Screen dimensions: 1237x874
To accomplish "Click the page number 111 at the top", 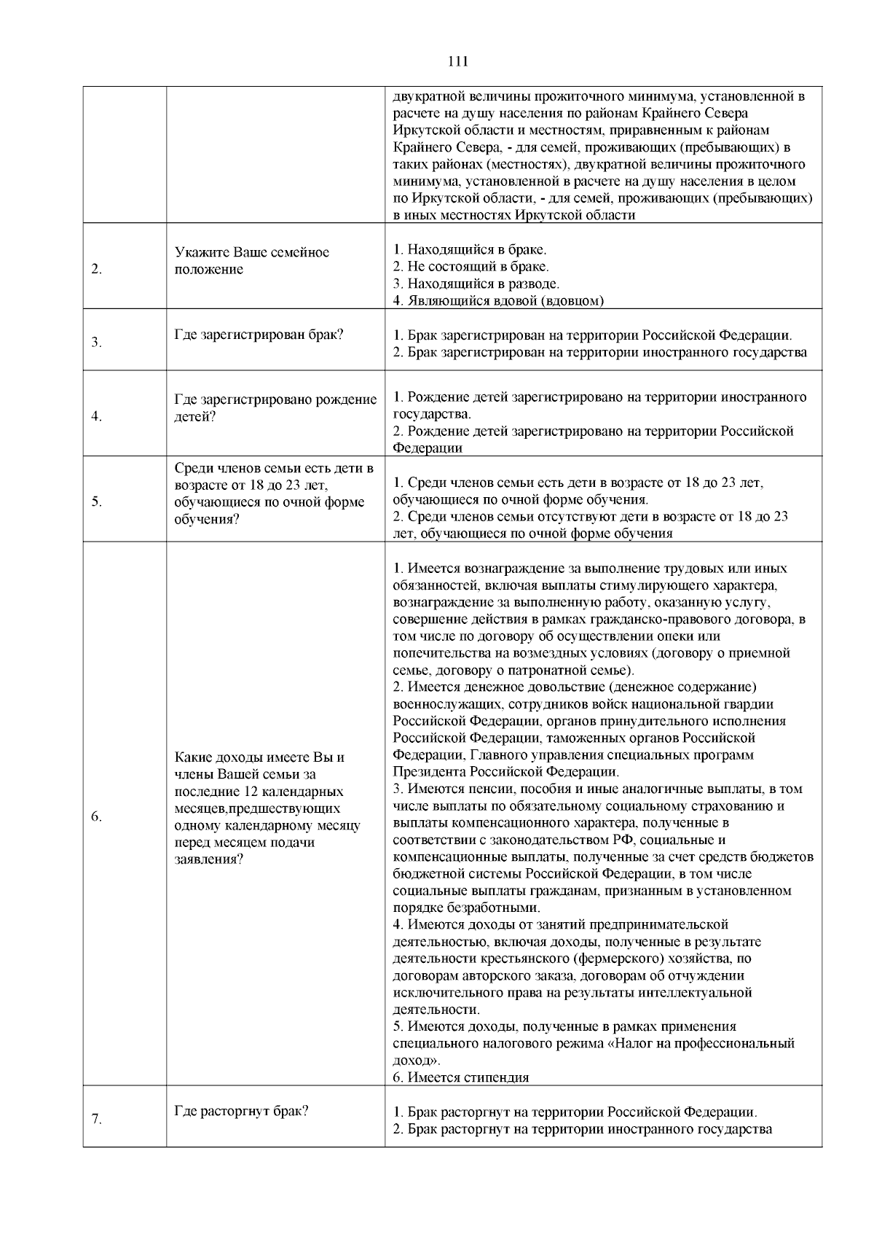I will pyautogui.click(x=458, y=61).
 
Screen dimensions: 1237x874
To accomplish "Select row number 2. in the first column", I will pyautogui.click(x=96, y=269).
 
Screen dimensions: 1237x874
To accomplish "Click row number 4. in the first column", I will pyautogui.click(x=96, y=416).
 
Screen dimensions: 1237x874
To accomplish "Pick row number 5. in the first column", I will pyautogui.click(x=96, y=502).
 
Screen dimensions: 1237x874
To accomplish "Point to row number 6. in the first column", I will pyautogui.click(x=96, y=816).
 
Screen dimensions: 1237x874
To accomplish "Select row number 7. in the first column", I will pyautogui.click(x=96, y=1120).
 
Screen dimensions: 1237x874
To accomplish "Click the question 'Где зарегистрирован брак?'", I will pyautogui.click(x=259, y=335).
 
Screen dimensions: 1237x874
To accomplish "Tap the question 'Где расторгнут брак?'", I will pyautogui.click(x=242, y=1111).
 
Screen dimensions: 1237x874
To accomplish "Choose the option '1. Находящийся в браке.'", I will pyautogui.click(x=470, y=250).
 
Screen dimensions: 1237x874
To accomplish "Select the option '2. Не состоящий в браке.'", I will pyautogui.click(x=471, y=267).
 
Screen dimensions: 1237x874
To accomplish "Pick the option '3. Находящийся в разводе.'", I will pyautogui.click(x=476, y=284).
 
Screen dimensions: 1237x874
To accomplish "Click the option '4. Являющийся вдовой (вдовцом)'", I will pyautogui.click(x=498, y=300).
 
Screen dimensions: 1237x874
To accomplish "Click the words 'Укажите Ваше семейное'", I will pyautogui.click(x=252, y=252).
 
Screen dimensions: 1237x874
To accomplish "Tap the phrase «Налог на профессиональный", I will pyautogui.click(x=700, y=1043).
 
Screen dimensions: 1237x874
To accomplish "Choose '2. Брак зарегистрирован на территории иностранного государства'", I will pyautogui.click(x=600, y=352).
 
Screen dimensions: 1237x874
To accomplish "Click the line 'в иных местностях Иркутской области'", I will pyautogui.click(x=513, y=215).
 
